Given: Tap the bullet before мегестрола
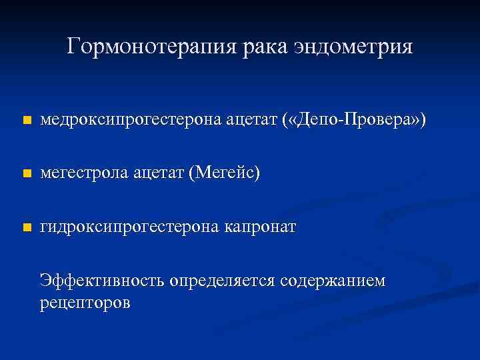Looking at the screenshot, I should (26, 174).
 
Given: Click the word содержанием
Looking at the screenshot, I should (333, 281).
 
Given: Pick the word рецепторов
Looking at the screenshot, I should (85, 302).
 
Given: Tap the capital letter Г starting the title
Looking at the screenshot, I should (73, 46).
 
